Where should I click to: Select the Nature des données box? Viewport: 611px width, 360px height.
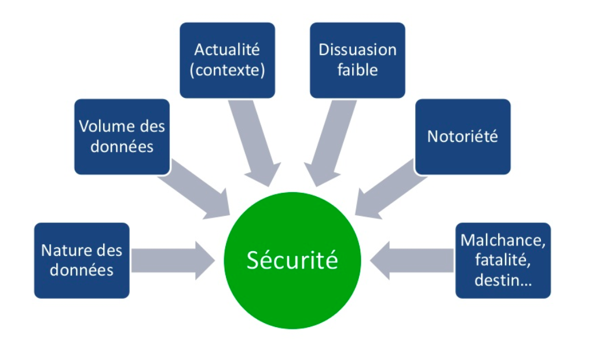click(x=82, y=260)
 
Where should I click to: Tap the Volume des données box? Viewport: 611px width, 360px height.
click(x=122, y=137)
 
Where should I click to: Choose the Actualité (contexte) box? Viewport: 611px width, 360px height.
click(x=227, y=60)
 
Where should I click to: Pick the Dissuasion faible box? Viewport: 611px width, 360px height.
click(x=357, y=60)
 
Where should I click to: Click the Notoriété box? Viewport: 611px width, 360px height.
click(x=463, y=137)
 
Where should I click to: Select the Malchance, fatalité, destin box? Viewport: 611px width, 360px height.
click(x=503, y=260)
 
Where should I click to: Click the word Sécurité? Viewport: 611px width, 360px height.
click(x=292, y=260)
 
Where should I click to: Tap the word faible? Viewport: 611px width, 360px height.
click(x=357, y=70)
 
